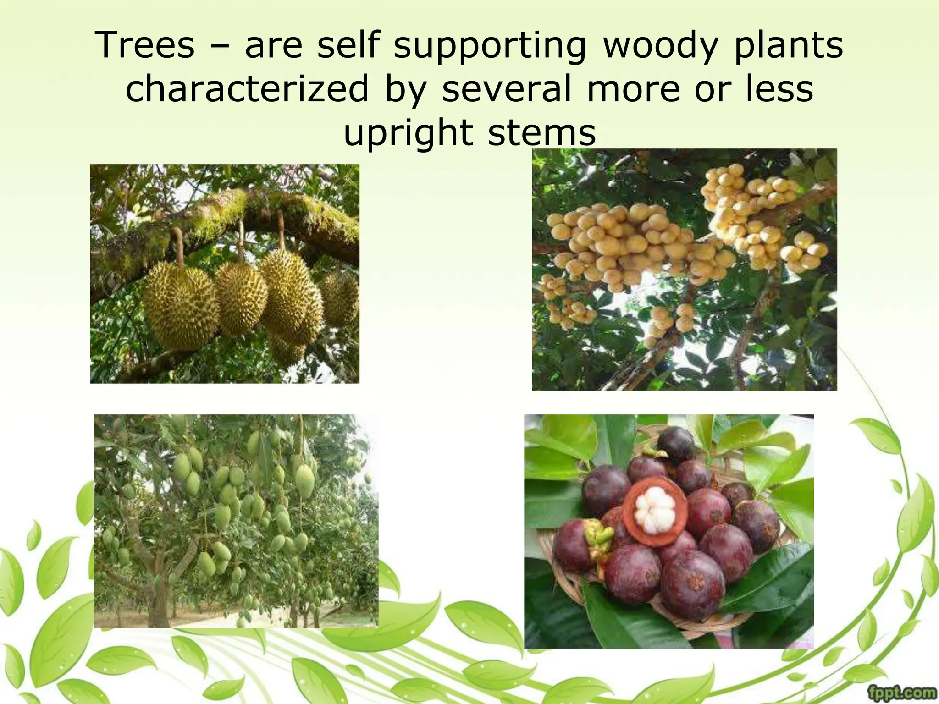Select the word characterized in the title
pyautogui.click(x=247, y=88)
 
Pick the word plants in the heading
pyautogui.click(x=788, y=45)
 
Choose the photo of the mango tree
pyautogui.click(x=236, y=521)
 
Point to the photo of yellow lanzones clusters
pyautogui.click(x=684, y=269)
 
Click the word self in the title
pyautogui.click(x=348, y=45)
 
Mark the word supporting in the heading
pyautogui.click(x=490, y=45)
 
